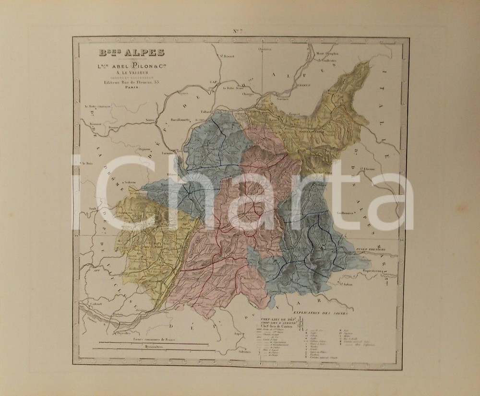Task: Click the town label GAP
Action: pos(213,82)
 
